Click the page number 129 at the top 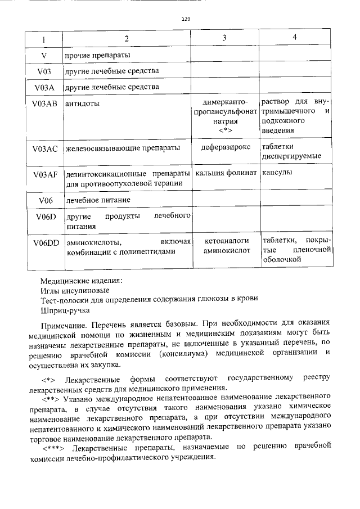(x=186, y=19)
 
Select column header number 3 (x=224, y=38)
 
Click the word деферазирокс (x=224, y=147)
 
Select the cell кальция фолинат (x=225, y=172)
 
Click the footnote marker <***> (x=54, y=446)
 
